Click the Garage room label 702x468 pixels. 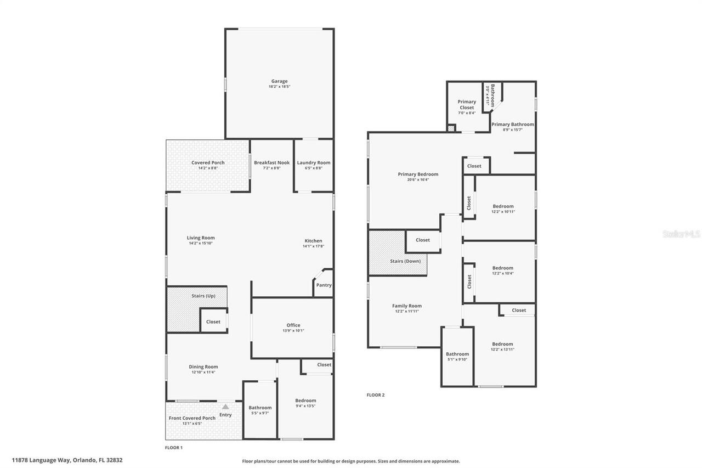279,81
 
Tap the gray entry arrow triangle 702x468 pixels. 225,407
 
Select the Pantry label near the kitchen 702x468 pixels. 324,285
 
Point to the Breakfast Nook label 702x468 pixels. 271,163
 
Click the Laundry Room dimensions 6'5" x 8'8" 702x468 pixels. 313,168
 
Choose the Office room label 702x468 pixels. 293,325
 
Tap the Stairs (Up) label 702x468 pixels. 203,296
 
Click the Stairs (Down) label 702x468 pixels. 405,261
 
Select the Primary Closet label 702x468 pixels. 467,105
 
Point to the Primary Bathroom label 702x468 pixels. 513,125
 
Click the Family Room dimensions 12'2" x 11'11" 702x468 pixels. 407,311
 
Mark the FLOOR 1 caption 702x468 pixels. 174,448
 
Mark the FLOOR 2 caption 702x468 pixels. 376,395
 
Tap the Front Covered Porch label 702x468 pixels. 192,418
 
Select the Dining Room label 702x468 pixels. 203,366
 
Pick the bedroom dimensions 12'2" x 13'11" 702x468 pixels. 502,349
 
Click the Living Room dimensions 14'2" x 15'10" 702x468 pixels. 201,243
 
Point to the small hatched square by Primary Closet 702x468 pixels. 451,128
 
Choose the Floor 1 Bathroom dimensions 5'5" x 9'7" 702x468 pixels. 260,413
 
